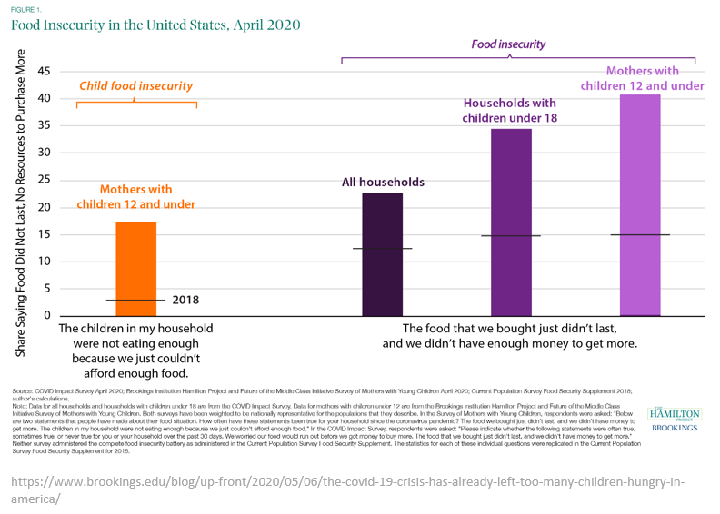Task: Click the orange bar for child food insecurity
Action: tap(135, 268)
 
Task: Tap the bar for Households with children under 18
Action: tap(511, 222)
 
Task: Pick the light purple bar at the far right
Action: tap(640, 204)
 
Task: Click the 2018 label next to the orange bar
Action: tap(185, 300)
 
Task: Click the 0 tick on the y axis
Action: tap(47, 316)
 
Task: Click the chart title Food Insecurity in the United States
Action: tap(155, 25)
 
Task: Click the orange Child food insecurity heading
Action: tap(135, 86)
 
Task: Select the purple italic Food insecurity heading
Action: tap(508, 44)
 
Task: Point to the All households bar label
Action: tap(383, 183)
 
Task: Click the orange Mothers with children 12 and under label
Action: tap(135, 197)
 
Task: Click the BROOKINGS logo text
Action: tap(674, 427)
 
